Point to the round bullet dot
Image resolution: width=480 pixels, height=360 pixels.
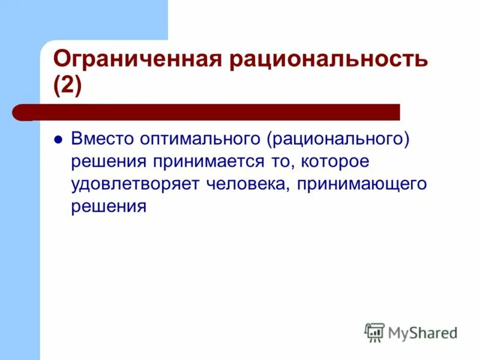[58, 139]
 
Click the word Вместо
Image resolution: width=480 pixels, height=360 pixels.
[103, 139]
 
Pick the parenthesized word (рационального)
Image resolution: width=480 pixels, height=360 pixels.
[339, 139]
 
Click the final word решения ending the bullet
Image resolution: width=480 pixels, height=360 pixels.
[109, 206]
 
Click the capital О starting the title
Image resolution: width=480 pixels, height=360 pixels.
[61, 61]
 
